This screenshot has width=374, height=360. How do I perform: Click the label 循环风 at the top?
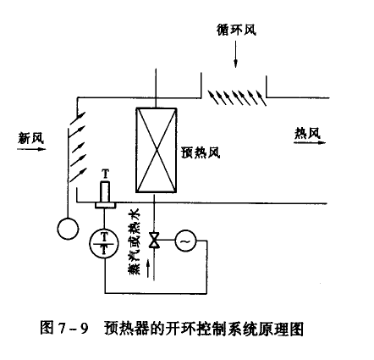pos(236,30)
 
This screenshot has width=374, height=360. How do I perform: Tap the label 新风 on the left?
pos(31,138)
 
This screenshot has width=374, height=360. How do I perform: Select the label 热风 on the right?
pos(308,133)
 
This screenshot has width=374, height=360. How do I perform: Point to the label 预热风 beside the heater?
pos(201,152)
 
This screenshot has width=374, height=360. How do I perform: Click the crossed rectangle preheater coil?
pos(157,150)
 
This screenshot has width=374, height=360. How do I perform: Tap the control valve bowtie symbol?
pos(154,241)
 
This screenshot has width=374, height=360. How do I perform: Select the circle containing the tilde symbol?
pos(185,241)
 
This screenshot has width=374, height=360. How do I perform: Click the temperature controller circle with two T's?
pos(104,243)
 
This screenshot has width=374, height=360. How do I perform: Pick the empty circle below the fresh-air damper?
pos(68,229)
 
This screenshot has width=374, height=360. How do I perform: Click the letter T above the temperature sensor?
pos(105,174)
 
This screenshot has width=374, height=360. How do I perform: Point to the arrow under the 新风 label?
pos(31,149)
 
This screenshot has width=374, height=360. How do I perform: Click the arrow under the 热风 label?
pos(310,142)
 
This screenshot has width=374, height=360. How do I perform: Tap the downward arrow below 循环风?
pos(236,54)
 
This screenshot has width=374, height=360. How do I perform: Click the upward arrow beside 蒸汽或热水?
pos(148,269)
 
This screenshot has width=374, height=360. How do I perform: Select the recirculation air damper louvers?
pos(237,97)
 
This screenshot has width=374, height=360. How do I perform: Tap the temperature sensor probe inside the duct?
pos(105,192)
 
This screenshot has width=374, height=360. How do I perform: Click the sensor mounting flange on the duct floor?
pos(105,205)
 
